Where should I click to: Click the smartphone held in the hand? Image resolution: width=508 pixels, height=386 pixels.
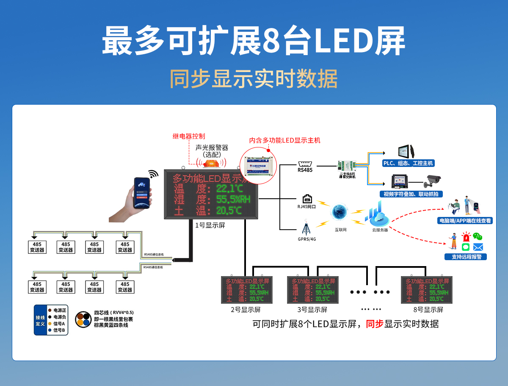coord(142,192)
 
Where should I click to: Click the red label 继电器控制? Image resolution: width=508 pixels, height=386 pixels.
coord(189,136)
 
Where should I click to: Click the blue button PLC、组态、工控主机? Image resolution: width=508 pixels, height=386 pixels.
coord(408,163)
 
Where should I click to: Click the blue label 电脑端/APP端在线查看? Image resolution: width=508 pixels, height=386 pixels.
coord(465,221)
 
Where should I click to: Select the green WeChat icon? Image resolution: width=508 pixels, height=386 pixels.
coord(478,236)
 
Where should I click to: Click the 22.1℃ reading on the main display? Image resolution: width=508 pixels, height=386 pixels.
coord(229,188)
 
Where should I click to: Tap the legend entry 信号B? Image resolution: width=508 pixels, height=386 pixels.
coord(59,330)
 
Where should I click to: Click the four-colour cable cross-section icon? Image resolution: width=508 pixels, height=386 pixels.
coord(83,319)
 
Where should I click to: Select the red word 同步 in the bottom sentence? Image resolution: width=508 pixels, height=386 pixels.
coord(374,324)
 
